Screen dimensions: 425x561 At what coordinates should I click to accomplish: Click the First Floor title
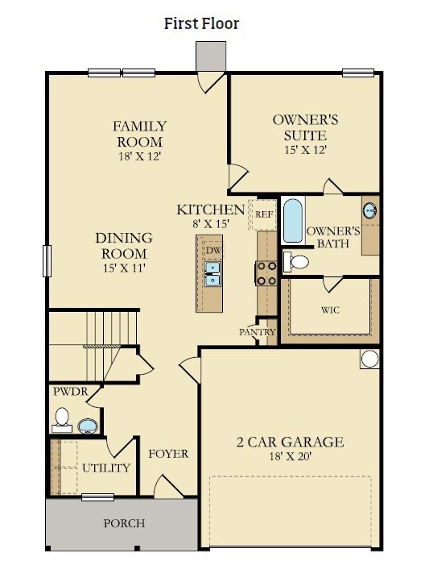coord(201,23)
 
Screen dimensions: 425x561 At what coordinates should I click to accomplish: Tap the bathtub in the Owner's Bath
coord(293,221)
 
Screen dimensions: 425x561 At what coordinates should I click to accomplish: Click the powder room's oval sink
coord(88,426)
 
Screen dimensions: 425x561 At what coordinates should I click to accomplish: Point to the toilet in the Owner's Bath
coord(295,261)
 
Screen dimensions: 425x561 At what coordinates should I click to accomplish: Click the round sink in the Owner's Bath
coord(370,210)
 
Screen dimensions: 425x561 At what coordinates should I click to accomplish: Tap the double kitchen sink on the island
coord(212,274)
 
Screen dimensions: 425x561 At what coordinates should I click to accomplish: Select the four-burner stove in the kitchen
coord(266,273)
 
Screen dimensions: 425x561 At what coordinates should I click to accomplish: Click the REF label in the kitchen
coord(264,214)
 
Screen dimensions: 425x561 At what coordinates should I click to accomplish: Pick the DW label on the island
coord(213,250)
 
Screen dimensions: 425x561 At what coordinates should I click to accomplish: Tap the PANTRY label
coord(258,332)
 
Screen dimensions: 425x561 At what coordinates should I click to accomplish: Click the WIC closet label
coord(330,310)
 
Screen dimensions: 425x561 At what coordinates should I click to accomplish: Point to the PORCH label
coord(124,523)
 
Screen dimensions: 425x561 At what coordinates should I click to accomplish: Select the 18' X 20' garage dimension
coord(291,456)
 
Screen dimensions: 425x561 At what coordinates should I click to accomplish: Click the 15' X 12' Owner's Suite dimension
coord(306,150)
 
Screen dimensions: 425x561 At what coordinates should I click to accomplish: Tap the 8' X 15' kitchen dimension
coord(211,224)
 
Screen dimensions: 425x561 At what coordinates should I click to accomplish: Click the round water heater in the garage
coord(369,359)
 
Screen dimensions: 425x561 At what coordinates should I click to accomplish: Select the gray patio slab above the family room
coord(211,56)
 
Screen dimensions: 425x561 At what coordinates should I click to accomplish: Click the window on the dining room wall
coord(47,261)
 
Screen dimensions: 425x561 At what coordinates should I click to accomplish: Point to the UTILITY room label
coord(106,468)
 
